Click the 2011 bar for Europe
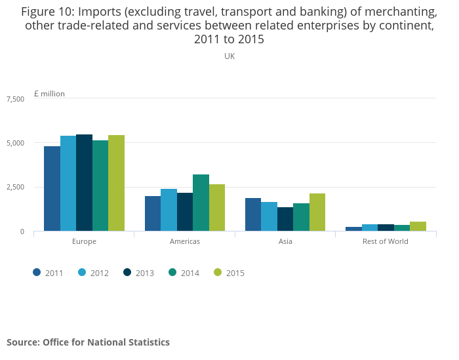pos(52,188)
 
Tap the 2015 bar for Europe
pos(116,183)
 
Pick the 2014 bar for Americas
pos(201,203)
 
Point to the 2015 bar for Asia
pos(317,212)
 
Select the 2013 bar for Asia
pos(285,219)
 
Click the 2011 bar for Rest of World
pos(353,229)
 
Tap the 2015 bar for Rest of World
pos(418,226)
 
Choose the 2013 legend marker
pos(128,273)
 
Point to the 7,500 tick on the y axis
pos(15,99)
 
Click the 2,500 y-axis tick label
pos(15,188)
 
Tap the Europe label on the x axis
pos(84,241)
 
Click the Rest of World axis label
pos(386,241)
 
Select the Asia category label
pos(285,241)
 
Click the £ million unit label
pos(49,94)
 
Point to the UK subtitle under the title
pos(229,56)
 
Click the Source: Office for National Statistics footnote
pos(88,342)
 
